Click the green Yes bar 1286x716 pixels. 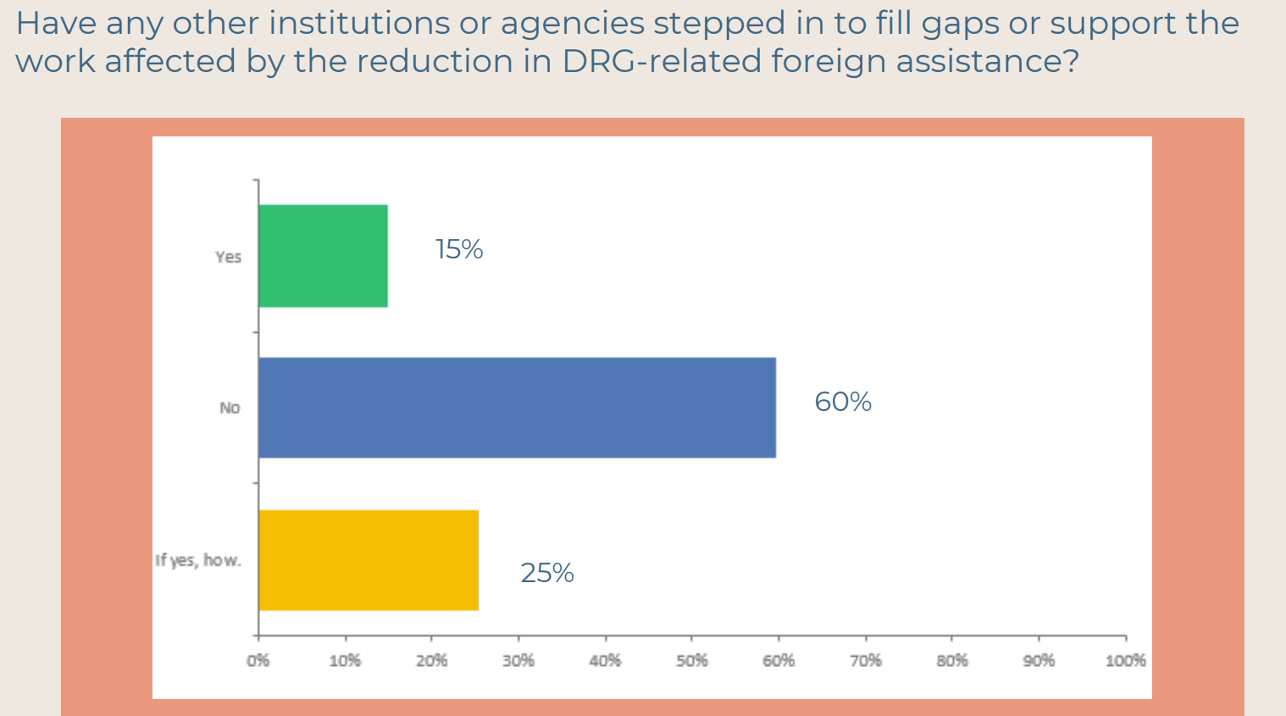323,256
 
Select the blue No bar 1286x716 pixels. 517,408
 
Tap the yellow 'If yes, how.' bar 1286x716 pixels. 369,560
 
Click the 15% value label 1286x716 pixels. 459,249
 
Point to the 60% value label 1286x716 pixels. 843,402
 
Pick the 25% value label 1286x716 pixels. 547,574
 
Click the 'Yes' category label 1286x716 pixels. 228,257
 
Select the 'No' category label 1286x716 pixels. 230,408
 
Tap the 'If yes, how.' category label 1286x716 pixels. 198,560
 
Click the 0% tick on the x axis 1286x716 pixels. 258,661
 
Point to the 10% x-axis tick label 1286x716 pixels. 345,661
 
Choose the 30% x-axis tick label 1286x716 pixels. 518,661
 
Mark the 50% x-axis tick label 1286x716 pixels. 692,661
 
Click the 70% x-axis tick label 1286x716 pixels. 866,661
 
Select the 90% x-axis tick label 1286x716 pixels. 1039,661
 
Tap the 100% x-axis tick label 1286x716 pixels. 1125,661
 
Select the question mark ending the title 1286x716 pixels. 1072,61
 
